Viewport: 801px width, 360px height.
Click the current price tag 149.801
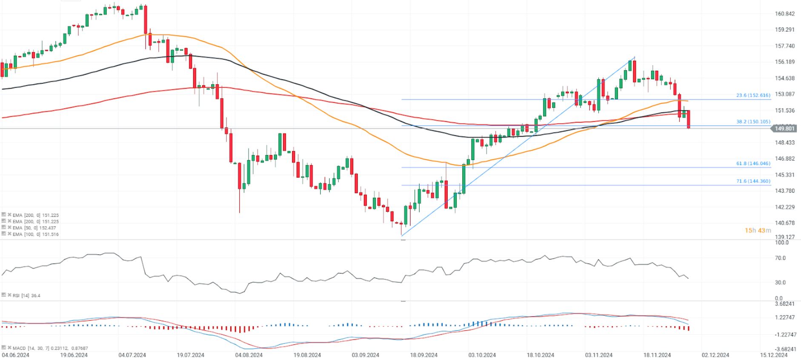(784, 129)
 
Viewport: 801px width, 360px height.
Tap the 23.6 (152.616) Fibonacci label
(753, 95)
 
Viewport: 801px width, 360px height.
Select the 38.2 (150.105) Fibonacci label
(753, 122)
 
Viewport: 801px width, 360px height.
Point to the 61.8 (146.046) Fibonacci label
(753, 163)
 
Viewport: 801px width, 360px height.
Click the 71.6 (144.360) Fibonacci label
(753, 181)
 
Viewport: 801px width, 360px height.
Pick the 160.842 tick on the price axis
(785, 14)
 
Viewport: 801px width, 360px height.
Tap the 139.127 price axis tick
(785, 237)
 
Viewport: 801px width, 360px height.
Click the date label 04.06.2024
(15, 355)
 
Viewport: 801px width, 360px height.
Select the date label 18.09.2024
(423, 355)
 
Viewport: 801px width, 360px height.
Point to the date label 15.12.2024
(774, 355)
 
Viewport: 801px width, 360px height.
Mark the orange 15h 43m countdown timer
(758, 231)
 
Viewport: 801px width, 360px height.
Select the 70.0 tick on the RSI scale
(780, 258)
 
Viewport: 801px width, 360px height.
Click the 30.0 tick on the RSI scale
(780, 283)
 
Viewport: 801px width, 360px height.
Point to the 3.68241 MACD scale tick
(785, 304)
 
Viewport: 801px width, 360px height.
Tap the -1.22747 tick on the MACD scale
(785, 334)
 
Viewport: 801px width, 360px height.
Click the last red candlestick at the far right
(688, 119)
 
